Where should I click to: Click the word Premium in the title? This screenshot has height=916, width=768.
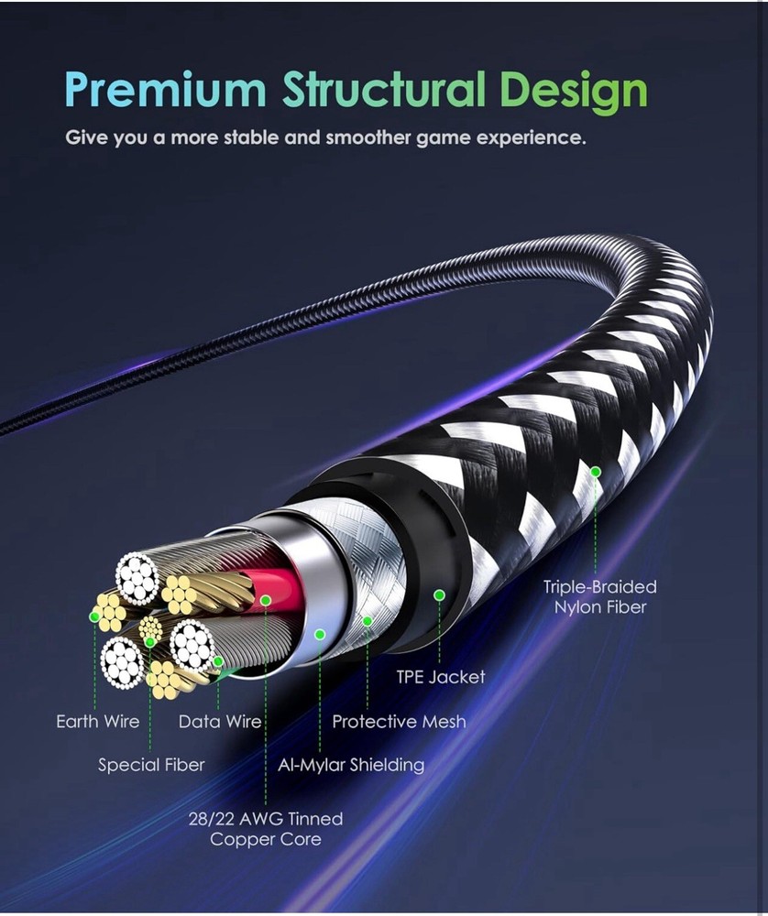[x=166, y=90]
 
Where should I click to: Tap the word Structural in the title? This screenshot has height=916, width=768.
[x=383, y=90]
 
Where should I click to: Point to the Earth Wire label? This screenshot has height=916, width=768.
[x=98, y=722]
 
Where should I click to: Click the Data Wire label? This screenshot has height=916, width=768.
[x=220, y=722]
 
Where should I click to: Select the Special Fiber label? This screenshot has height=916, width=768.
[x=151, y=764]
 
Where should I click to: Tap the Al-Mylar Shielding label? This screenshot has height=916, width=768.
[x=351, y=764]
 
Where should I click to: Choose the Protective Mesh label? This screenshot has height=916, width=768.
[x=399, y=722]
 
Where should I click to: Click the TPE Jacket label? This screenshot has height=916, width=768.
[x=441, y=677]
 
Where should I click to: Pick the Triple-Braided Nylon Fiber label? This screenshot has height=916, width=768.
[x=599, y=596]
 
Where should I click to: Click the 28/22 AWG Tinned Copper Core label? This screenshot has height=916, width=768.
[x=266, y=828]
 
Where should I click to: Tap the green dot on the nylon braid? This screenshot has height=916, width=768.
[x=596, y=472]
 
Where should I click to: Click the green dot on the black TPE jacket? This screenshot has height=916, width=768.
[x=439, y=595]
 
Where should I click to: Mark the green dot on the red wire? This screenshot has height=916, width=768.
[x=266, y=601]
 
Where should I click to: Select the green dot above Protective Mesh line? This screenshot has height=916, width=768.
[x=368, y=622]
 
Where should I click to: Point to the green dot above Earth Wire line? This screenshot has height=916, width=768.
[x=94, y=617]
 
